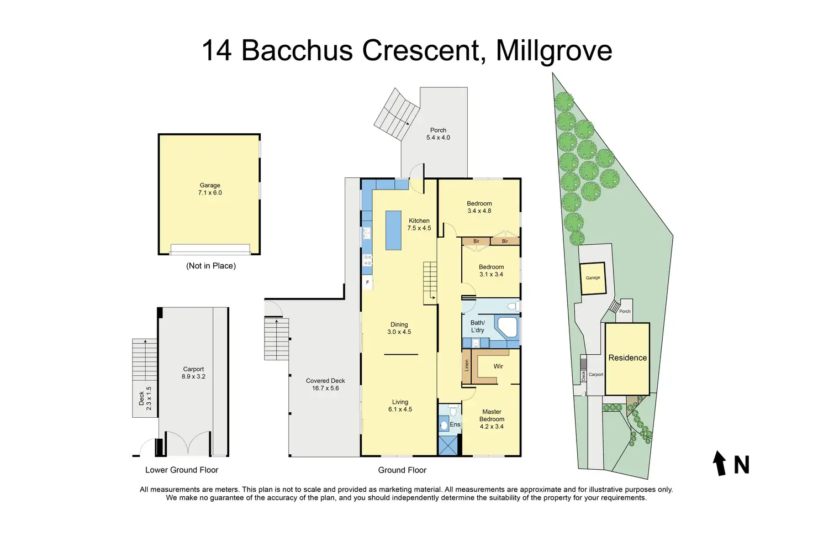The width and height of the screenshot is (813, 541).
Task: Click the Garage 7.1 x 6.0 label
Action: point(210,189)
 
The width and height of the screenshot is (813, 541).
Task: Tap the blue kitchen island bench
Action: point(393,230)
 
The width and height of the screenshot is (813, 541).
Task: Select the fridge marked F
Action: point(367,282)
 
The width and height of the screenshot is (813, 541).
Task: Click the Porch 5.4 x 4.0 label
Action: point(438,134)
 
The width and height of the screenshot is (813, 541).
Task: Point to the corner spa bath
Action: point(507,327)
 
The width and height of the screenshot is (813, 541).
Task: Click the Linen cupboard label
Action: point(467,365)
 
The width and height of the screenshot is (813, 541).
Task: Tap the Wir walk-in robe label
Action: point(498,366)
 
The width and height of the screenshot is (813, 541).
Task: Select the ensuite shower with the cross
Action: point(448,445)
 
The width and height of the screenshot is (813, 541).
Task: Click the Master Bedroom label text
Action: point(492,416)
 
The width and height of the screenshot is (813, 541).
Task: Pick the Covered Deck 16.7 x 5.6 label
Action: point(325,384)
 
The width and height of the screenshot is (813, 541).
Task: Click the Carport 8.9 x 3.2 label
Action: point(193,373)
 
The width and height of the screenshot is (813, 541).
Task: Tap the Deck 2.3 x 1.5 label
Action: point(145,398)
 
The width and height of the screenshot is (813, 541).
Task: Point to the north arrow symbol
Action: point(719,463)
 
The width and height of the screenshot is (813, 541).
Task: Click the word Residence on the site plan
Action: point(627,358)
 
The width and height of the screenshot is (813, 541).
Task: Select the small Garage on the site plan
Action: point(593,278)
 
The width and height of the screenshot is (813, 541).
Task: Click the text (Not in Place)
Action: point(211,266)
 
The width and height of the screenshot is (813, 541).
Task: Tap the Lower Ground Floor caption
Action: point(182,470)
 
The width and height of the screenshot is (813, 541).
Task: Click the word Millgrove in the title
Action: point(554,51)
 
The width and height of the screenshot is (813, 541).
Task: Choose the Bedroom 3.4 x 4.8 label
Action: point(479,207)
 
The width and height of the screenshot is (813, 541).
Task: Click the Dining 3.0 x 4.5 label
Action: point(399,328)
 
